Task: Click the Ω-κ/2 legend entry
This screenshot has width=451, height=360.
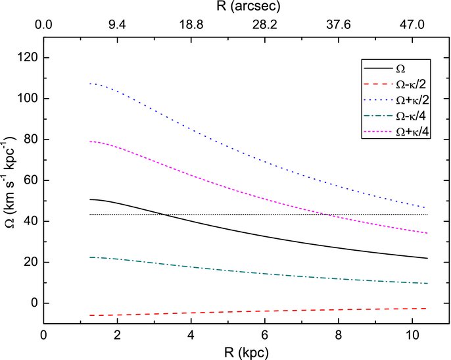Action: (396, 84)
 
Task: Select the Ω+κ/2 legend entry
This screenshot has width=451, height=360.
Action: (396, 100)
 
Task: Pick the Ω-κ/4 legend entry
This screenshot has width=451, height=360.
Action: (396, 116)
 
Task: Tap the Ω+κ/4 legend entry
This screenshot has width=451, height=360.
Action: (396, 132)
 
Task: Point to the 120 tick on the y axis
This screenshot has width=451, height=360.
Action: (28, 58)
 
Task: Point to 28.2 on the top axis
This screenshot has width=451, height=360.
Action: (265, 25)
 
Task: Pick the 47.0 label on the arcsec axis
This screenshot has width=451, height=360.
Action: (412, 25)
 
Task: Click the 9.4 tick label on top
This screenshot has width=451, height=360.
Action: (117, 25)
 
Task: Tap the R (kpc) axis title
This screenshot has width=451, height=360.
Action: (246, 353)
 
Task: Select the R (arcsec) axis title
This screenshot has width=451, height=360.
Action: (249, 7)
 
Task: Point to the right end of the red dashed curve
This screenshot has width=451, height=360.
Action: (427, 309)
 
